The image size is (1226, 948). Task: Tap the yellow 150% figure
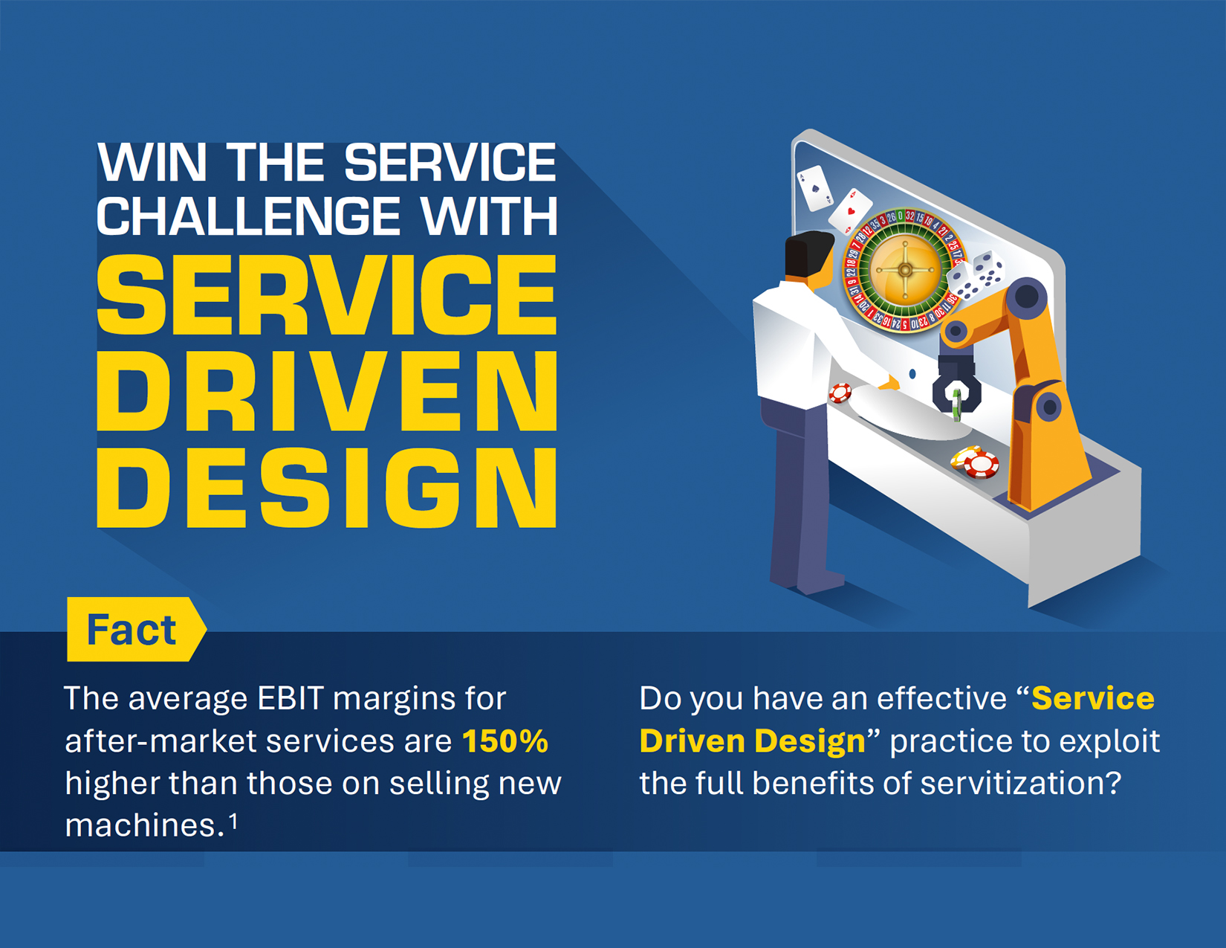(x=505, y=741)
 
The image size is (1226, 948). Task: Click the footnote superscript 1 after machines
(x=233, y=822)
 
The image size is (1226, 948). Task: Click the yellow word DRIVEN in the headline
(x=327, y=390)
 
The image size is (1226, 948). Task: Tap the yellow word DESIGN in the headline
(x=327, y=488)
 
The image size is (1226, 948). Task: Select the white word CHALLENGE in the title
(x=248, y=216)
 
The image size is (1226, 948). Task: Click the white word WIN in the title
(x=152, y=162)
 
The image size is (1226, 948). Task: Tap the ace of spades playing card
(x=814, y=188)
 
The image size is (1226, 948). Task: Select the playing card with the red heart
(x=850, y=210)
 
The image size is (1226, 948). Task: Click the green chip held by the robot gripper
(x=956, y=404)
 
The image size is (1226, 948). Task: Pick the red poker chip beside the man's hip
(x=840, y=393)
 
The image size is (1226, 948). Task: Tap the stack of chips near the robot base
(x=974, y=462)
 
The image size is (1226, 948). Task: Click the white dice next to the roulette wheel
(x=976, y=275)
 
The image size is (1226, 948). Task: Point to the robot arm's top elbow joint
(x=1026, y=297)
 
